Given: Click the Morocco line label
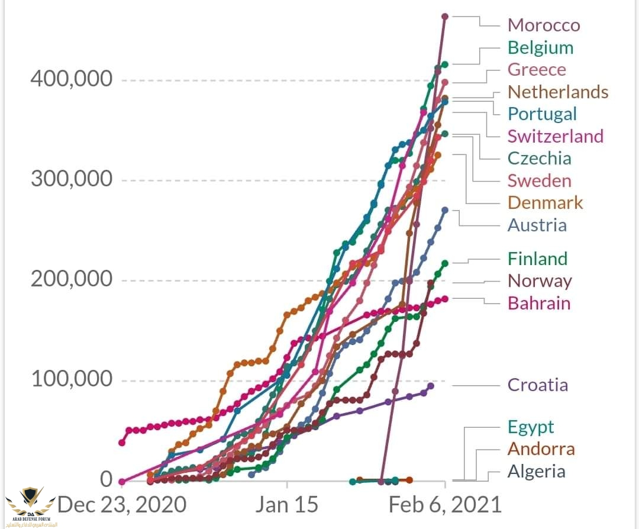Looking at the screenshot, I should pyautogui.click(x=544, y=25).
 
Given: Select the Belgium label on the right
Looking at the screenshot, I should pyautogui.click(x=540, y=47).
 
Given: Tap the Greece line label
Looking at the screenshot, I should pyautogui.click(x=537, y=70).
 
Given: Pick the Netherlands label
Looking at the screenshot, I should pyautogui.click(x=558, y=92).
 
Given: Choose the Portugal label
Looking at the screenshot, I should pyautogui.click(x=542, y=114).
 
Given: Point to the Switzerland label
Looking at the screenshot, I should pyautogui.click(x=556, y=136).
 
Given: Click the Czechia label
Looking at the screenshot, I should pyautogui.click(x=539, y=158).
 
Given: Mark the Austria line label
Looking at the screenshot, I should pyautogui.click(x=537, y=225).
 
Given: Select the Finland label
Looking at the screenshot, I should pyautogui.click(x=537, y=259).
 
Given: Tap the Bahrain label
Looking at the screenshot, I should pyautogui.click(x=539, y=303).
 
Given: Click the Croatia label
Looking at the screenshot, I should pyautogui.click(x=538, y=385).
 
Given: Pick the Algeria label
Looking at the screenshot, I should pyautogui.click(x=537, y=472).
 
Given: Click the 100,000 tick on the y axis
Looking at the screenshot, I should pyautogui.click(x=72, y=378).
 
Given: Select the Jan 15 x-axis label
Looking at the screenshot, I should pyautogui.click(x=287, y=505).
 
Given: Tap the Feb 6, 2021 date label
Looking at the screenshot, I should pyautogui.click(x=445, y=505).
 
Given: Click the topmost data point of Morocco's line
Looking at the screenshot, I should pyautogui.click(x=445, y=16).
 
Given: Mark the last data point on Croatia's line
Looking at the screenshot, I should pyautogui.click(x=431, y=386).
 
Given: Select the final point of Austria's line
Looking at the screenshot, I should pyautogui.click(x=445, y=210).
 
